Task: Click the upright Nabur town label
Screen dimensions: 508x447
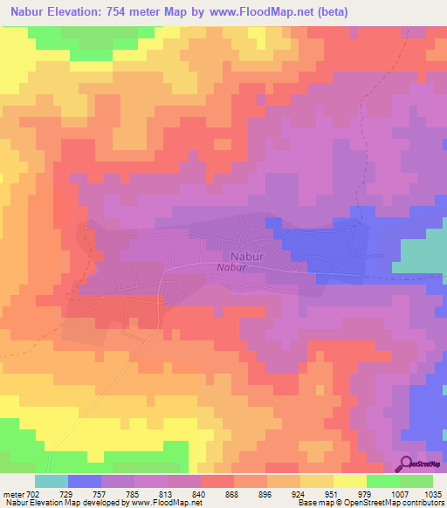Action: click(x=247, y=256)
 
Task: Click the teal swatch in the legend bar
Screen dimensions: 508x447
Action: click(x=52, y=481)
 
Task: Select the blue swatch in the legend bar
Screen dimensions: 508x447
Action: click(x=85, y=481)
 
